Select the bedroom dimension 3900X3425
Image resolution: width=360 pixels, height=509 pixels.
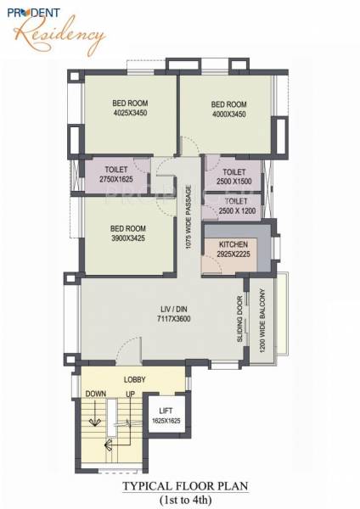point(129,238)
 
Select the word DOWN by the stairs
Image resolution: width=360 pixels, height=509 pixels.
point(94,394)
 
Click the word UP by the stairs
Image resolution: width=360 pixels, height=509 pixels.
point(131,394)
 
